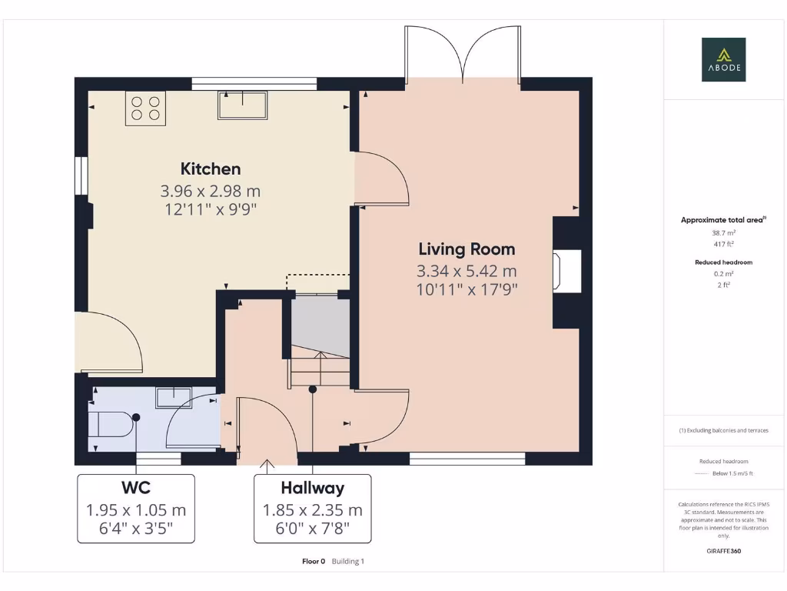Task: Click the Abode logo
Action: pyautogui.click(x=722, y=60)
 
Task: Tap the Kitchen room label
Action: pyautogui.click(x=211, y=169)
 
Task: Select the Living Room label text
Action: pyautogui.click(x=467, y=249)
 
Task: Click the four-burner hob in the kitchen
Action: pyautogui.click(x=145, y=108)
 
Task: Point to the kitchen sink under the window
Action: pyautogui.click(x=242, y=105)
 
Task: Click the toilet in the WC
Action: pyautogui.click(x=110, y=423)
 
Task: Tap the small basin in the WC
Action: pyautogui.click(x=174, y=397)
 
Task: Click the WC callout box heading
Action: pyautogui.click(x=135, y=488)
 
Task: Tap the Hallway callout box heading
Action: pyautogui.click(x=312, y=488)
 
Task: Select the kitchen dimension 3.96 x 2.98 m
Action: pyautogui.click(x=211, y=191)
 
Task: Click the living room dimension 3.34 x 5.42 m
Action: pyautogui.click(x=467, y=271)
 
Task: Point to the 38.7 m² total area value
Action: pyautogui.click(x=722, y=232)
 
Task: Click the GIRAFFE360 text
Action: pyautogui.click(x=722, y=551)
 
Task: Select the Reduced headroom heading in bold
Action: pyautogui.click(x=722, y=262)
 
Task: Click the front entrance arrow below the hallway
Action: pyautogui.click(x=267, y=464)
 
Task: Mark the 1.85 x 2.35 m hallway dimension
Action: pyautogui.click(x=312, y=510)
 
